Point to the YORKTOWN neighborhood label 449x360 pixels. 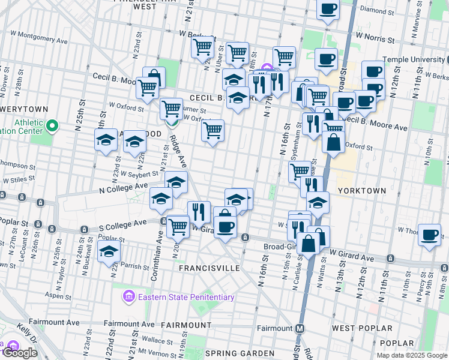pos(362,190)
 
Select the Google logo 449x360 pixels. pos(20,353)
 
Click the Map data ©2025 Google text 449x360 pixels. pos(411,355)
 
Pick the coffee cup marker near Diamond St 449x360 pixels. pos(328,10)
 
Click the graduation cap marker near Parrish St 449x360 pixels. pos(109,251)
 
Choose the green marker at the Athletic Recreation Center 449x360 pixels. pos(52,126)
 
